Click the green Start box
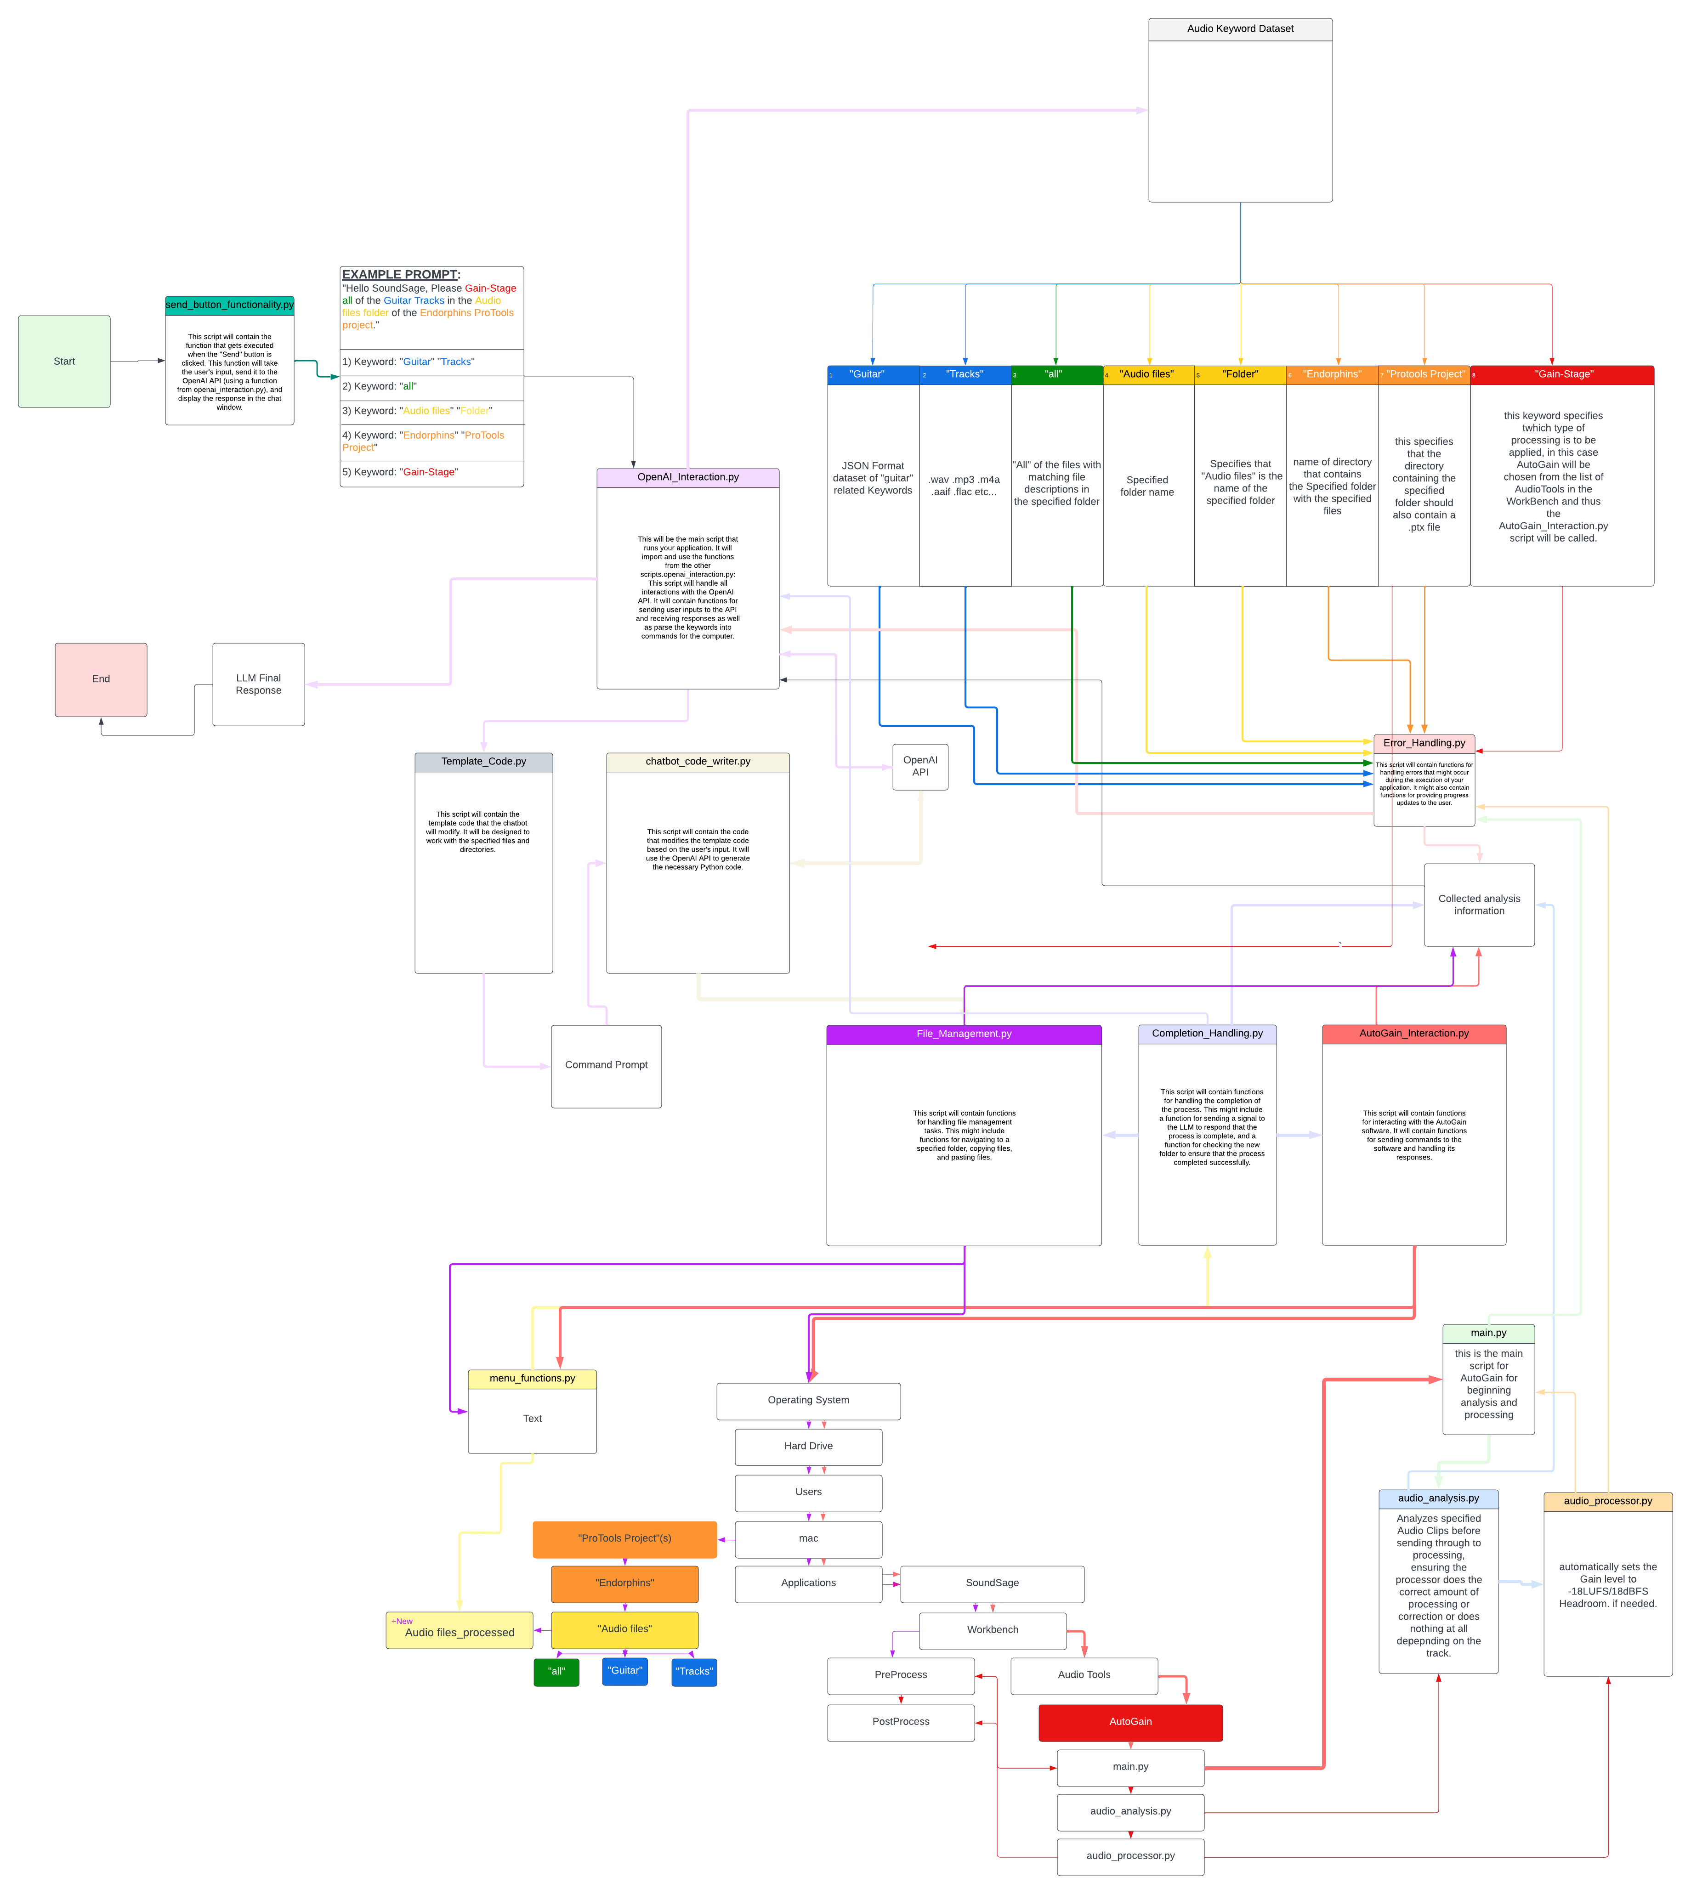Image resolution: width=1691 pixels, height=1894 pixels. (x=64, y=362)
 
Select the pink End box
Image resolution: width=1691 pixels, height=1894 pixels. (x=100, y=679)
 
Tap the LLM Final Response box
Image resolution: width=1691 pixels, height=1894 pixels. (x=258, y=684)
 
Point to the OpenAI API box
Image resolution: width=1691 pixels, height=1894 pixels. (x=920, y=766)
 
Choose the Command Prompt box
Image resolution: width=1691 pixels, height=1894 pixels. (x=606, y=1065)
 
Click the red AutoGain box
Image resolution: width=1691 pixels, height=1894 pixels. (x=1130, y=1722)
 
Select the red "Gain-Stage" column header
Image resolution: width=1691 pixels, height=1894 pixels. (x=1563, y=374)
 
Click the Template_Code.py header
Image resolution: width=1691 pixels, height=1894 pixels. (x=483, y=762)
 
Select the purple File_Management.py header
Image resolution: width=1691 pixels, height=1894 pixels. (x=964, y=1034)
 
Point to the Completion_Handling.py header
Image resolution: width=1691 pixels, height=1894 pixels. (x=1207, y=1034)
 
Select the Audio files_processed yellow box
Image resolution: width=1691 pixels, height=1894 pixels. (x=459, y=1632)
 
